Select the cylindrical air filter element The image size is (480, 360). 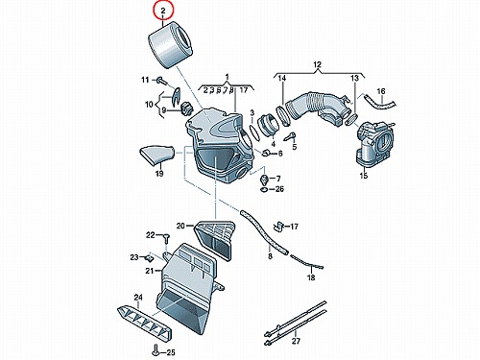pyautogui.click(x=170, y=44)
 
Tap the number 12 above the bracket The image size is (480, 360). pyautogui.click(x=317, y=65)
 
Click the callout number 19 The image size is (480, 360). pyautogui.click(x=159, y=173)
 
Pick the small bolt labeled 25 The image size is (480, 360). pyautogui.click(x=156, y=349)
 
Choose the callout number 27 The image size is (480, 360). pyautogui.click(x=296, y=341)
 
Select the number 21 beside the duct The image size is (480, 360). pyautogui.click(x=150, y=271)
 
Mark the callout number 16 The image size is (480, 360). pyautogui.click(x=381, y=91)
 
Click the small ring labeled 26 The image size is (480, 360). pyautogui.click(x=264, y=190)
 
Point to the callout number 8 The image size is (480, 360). pyautogui.click(x=270, y=256)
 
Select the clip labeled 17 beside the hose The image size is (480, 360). pyautogui.click(x=278, y=226)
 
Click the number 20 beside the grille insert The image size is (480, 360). pyautogui.click(x=180, y=226)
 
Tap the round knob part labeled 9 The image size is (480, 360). pyautogui.click(x=185, y=108)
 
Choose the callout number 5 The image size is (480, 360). pyautogui.click(x=295, y=146)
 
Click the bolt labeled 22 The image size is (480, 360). pyautogui.click(x=166, y=239)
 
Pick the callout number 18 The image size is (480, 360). pyautogui.click(x=311, y=277)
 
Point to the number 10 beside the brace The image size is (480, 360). pyautogui.click(x=149, y=105)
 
